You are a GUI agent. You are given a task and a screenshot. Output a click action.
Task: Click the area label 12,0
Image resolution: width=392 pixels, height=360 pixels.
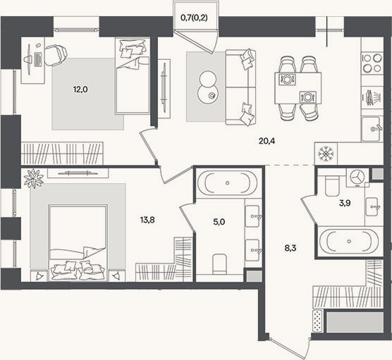pos(80,89)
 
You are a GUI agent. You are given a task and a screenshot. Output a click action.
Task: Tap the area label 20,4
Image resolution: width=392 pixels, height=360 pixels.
pos(267,141)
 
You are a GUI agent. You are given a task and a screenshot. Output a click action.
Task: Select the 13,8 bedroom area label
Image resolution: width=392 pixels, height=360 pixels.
pos(147,220)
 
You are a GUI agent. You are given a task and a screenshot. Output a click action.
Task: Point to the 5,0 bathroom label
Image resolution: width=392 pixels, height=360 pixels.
pos(219,222)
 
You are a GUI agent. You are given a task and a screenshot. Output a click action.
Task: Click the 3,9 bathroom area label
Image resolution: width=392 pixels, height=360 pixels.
pos(345,204)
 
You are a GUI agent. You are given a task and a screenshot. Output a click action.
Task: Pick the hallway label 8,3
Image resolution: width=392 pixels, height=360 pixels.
pos(290,248)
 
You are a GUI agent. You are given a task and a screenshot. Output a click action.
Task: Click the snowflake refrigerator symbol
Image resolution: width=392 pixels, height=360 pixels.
pos(326,154)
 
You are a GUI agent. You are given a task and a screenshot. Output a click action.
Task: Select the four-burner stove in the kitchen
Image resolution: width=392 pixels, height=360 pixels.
pos(372,63)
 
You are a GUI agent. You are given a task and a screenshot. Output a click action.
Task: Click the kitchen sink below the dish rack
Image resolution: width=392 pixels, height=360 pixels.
pos(372,129)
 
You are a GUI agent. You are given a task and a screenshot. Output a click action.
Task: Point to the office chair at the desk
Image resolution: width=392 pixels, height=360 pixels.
pos(56,56)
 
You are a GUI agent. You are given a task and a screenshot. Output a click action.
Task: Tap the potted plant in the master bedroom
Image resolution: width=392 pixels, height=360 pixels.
pos(34,178)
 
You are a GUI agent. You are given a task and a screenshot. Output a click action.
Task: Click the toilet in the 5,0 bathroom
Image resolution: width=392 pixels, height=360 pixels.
pos(219,264)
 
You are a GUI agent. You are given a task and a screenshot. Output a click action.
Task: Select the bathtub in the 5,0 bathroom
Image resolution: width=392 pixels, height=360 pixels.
pos(227,183)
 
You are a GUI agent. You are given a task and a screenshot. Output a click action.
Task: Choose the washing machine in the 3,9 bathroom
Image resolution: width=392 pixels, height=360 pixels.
pos(357,178)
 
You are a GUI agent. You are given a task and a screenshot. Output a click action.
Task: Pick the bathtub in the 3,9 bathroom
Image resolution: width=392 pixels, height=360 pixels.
pos(349,241)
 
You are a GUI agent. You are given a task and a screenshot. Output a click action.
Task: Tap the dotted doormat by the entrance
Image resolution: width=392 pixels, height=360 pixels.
pos(317,321)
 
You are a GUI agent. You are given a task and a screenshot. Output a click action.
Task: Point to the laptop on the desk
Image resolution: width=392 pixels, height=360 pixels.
pos(38,60)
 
